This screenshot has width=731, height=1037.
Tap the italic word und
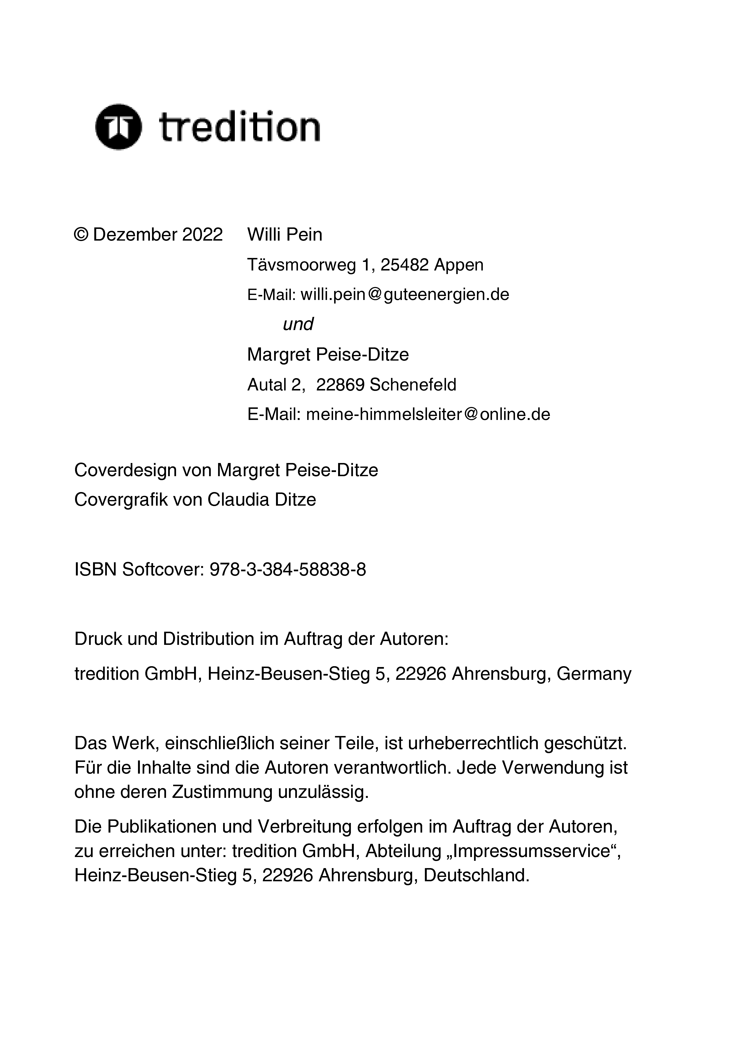pos(298,324)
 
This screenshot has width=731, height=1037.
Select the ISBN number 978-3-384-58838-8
pos(288,570)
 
